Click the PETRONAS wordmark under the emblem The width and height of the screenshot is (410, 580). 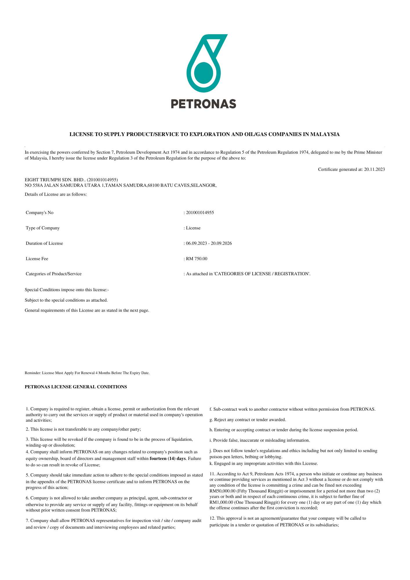(204, 104)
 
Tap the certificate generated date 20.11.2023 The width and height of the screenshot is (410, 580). (374, 169)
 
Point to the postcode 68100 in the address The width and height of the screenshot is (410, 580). (153, 185)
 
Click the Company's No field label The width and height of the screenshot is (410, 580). (39, 213)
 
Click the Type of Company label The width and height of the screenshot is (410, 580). (43, 228)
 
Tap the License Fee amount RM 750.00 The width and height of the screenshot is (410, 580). (197, 259)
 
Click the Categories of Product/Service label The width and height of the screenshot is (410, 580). (54, 274)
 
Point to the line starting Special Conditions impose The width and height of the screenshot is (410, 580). (67, 290)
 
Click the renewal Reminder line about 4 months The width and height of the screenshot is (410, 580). (87, 373)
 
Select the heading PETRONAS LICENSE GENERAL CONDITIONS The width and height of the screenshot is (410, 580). (76, 387)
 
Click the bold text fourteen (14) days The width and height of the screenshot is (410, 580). (168, 458)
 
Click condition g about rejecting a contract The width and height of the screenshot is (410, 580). (248, 420)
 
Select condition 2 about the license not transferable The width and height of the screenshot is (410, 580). (83, 429)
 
